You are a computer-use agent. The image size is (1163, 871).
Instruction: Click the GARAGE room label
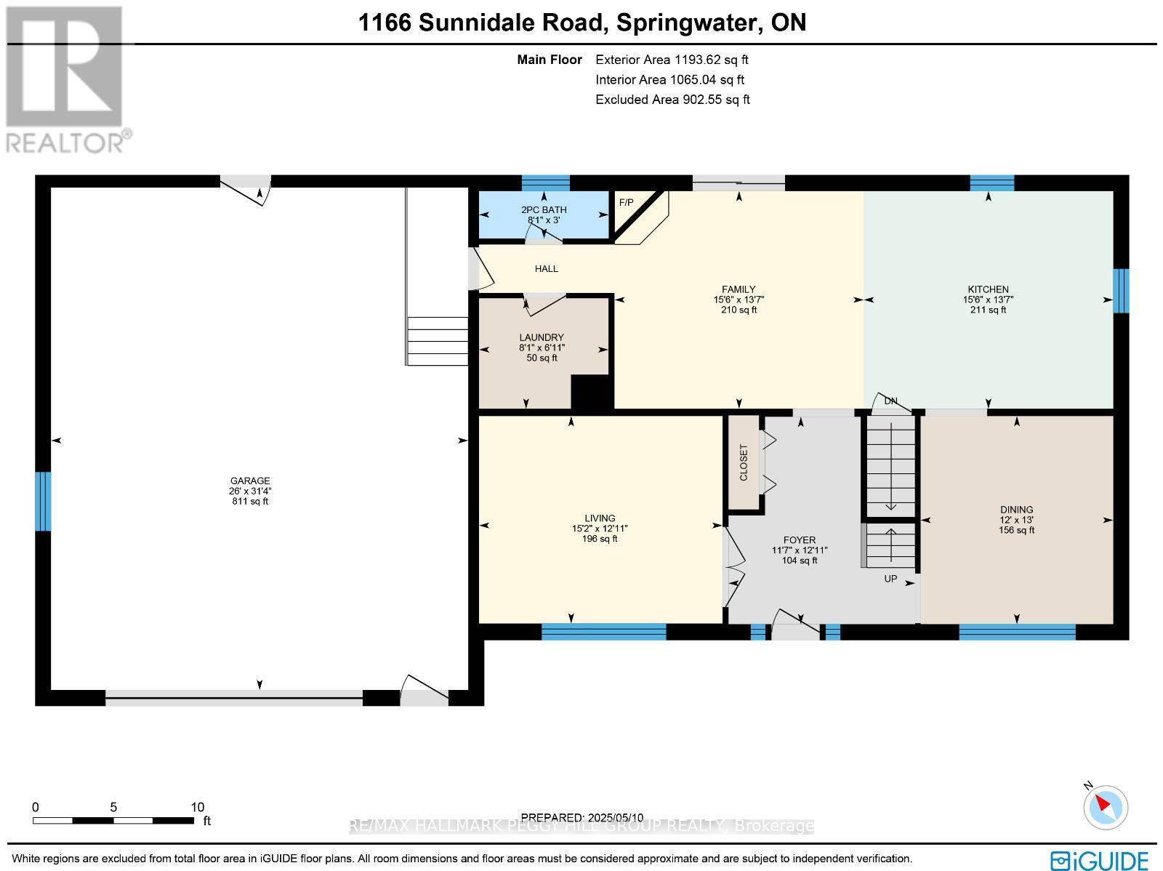pos(250,481)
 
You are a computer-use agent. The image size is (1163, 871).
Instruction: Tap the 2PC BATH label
pos(544,209)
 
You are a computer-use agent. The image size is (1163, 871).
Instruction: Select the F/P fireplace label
pos(626,202)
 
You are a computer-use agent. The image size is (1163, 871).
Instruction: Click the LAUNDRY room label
pos(542,337)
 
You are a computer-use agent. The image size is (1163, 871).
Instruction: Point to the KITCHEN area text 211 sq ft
pos(988,310)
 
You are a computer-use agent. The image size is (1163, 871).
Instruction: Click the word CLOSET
pos(744,462)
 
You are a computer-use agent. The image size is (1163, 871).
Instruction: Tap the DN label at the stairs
pos(890,401)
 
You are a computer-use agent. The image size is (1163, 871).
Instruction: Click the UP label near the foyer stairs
pos(890,579)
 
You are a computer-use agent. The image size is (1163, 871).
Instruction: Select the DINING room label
pos(1016,510)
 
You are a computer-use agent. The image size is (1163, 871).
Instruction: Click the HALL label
pos(547,268)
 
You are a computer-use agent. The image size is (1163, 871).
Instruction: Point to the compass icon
pos(1106,807)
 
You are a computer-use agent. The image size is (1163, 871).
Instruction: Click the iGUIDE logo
pos(1100,860)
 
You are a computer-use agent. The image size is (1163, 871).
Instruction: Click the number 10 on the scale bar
pos(197,807)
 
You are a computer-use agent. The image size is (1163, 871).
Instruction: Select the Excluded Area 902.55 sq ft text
pos(672,100)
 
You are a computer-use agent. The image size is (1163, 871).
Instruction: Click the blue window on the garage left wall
pos(44,501)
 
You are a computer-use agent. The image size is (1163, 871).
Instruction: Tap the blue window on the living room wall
pos(603,632)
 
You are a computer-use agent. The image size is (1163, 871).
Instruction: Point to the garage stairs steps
pos(437,341)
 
